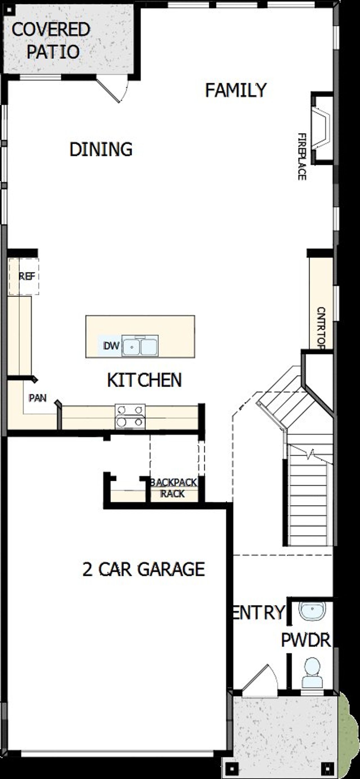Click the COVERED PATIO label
pos(50,40)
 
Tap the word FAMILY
pos(236,90)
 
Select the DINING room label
pos(101,149)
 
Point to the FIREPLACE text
pos(302,157)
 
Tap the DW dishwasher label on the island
pos(111,346)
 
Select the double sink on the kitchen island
pos(140,346)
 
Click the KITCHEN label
pos(144,380)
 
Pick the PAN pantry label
pos(38,398)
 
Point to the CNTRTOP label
pos(321,328)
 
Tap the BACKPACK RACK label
pos(173,488)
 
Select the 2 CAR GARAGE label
pos(144,569)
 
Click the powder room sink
pos(312,610)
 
